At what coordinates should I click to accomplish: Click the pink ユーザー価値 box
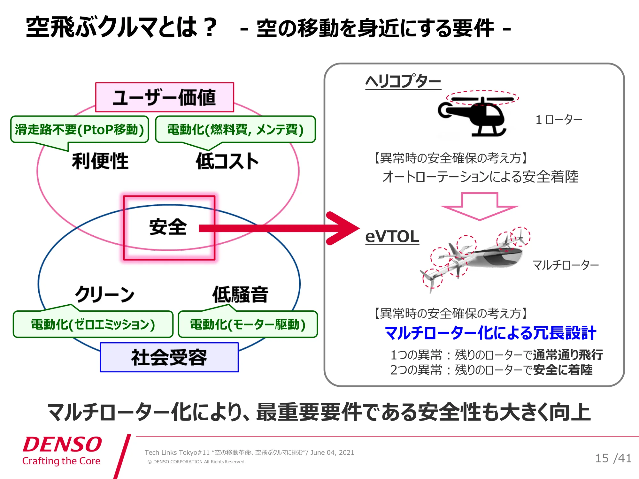[165, 97]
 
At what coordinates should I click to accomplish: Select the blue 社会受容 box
[169, 357]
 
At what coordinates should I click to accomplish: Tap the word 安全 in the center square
[168, 227]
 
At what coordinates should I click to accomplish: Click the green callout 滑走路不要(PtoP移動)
[80, 130]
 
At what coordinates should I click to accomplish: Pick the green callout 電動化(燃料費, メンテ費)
[235, 130]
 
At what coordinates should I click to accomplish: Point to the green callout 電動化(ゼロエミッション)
[93, 324]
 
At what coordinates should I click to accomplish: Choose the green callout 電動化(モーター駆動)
[248, 324]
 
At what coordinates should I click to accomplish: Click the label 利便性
[100, 161]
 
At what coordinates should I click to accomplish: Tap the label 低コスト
[227, 161]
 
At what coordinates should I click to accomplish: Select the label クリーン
[105, 294]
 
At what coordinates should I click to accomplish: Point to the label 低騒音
[240, 294]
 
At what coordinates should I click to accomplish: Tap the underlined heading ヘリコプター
[403, 81]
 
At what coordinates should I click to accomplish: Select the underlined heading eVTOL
[392, 237]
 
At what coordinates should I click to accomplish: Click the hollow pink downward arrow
[480, 206]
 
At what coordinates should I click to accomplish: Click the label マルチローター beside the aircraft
[566, 265]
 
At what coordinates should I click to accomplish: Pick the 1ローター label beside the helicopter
[559, 120]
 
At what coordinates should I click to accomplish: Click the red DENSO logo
[62, 444]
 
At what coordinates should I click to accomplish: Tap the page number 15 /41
[613, 458]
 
